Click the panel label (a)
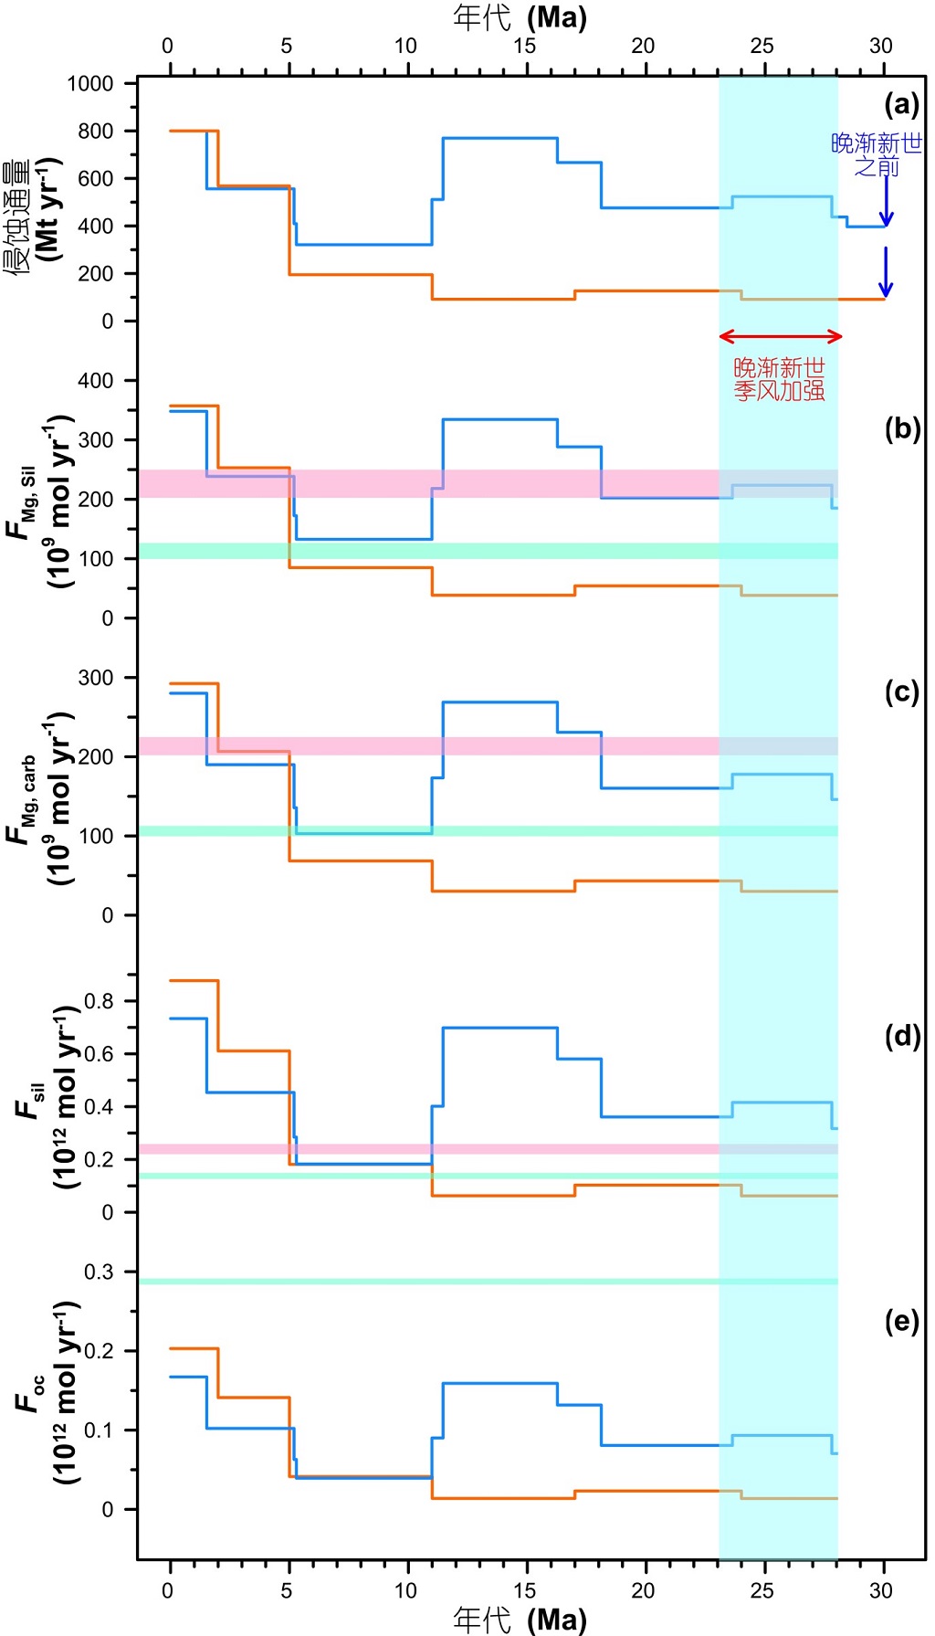[x=901, y=105]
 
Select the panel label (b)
[x=901, y=428]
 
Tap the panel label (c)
[x=901, y=691]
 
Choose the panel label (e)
[x=901, y=1321]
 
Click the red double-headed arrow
[x=780, y=336]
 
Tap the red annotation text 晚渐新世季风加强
[x=780, y=379]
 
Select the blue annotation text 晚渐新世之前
[x=876, y=154]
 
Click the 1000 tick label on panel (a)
[x=90, y=84]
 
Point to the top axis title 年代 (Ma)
[x=520, y=16]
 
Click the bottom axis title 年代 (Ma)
[x=520, y=1620]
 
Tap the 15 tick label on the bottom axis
[x=524, y=1590]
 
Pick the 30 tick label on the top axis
[x=880, y=46]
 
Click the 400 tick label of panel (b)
[x=96, y=381]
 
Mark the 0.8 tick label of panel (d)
[x=100, y=1001]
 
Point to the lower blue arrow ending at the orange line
[x=885, y=271]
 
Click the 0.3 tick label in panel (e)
[x=100, y=1272]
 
